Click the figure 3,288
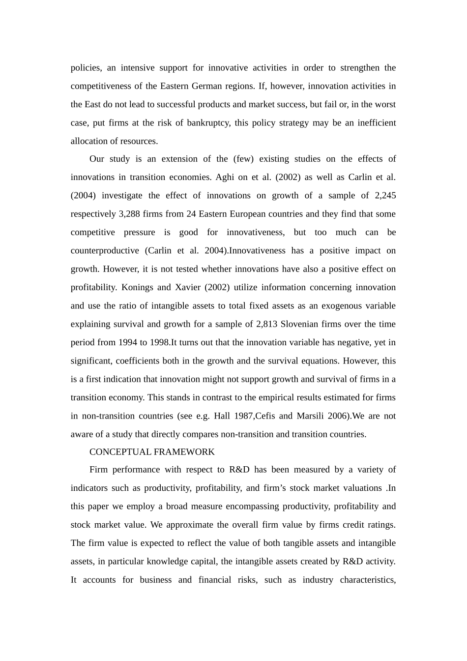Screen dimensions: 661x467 130,214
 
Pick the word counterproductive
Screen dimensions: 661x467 105,251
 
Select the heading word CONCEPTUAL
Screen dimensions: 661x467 121,452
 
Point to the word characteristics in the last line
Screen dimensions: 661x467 367,580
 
